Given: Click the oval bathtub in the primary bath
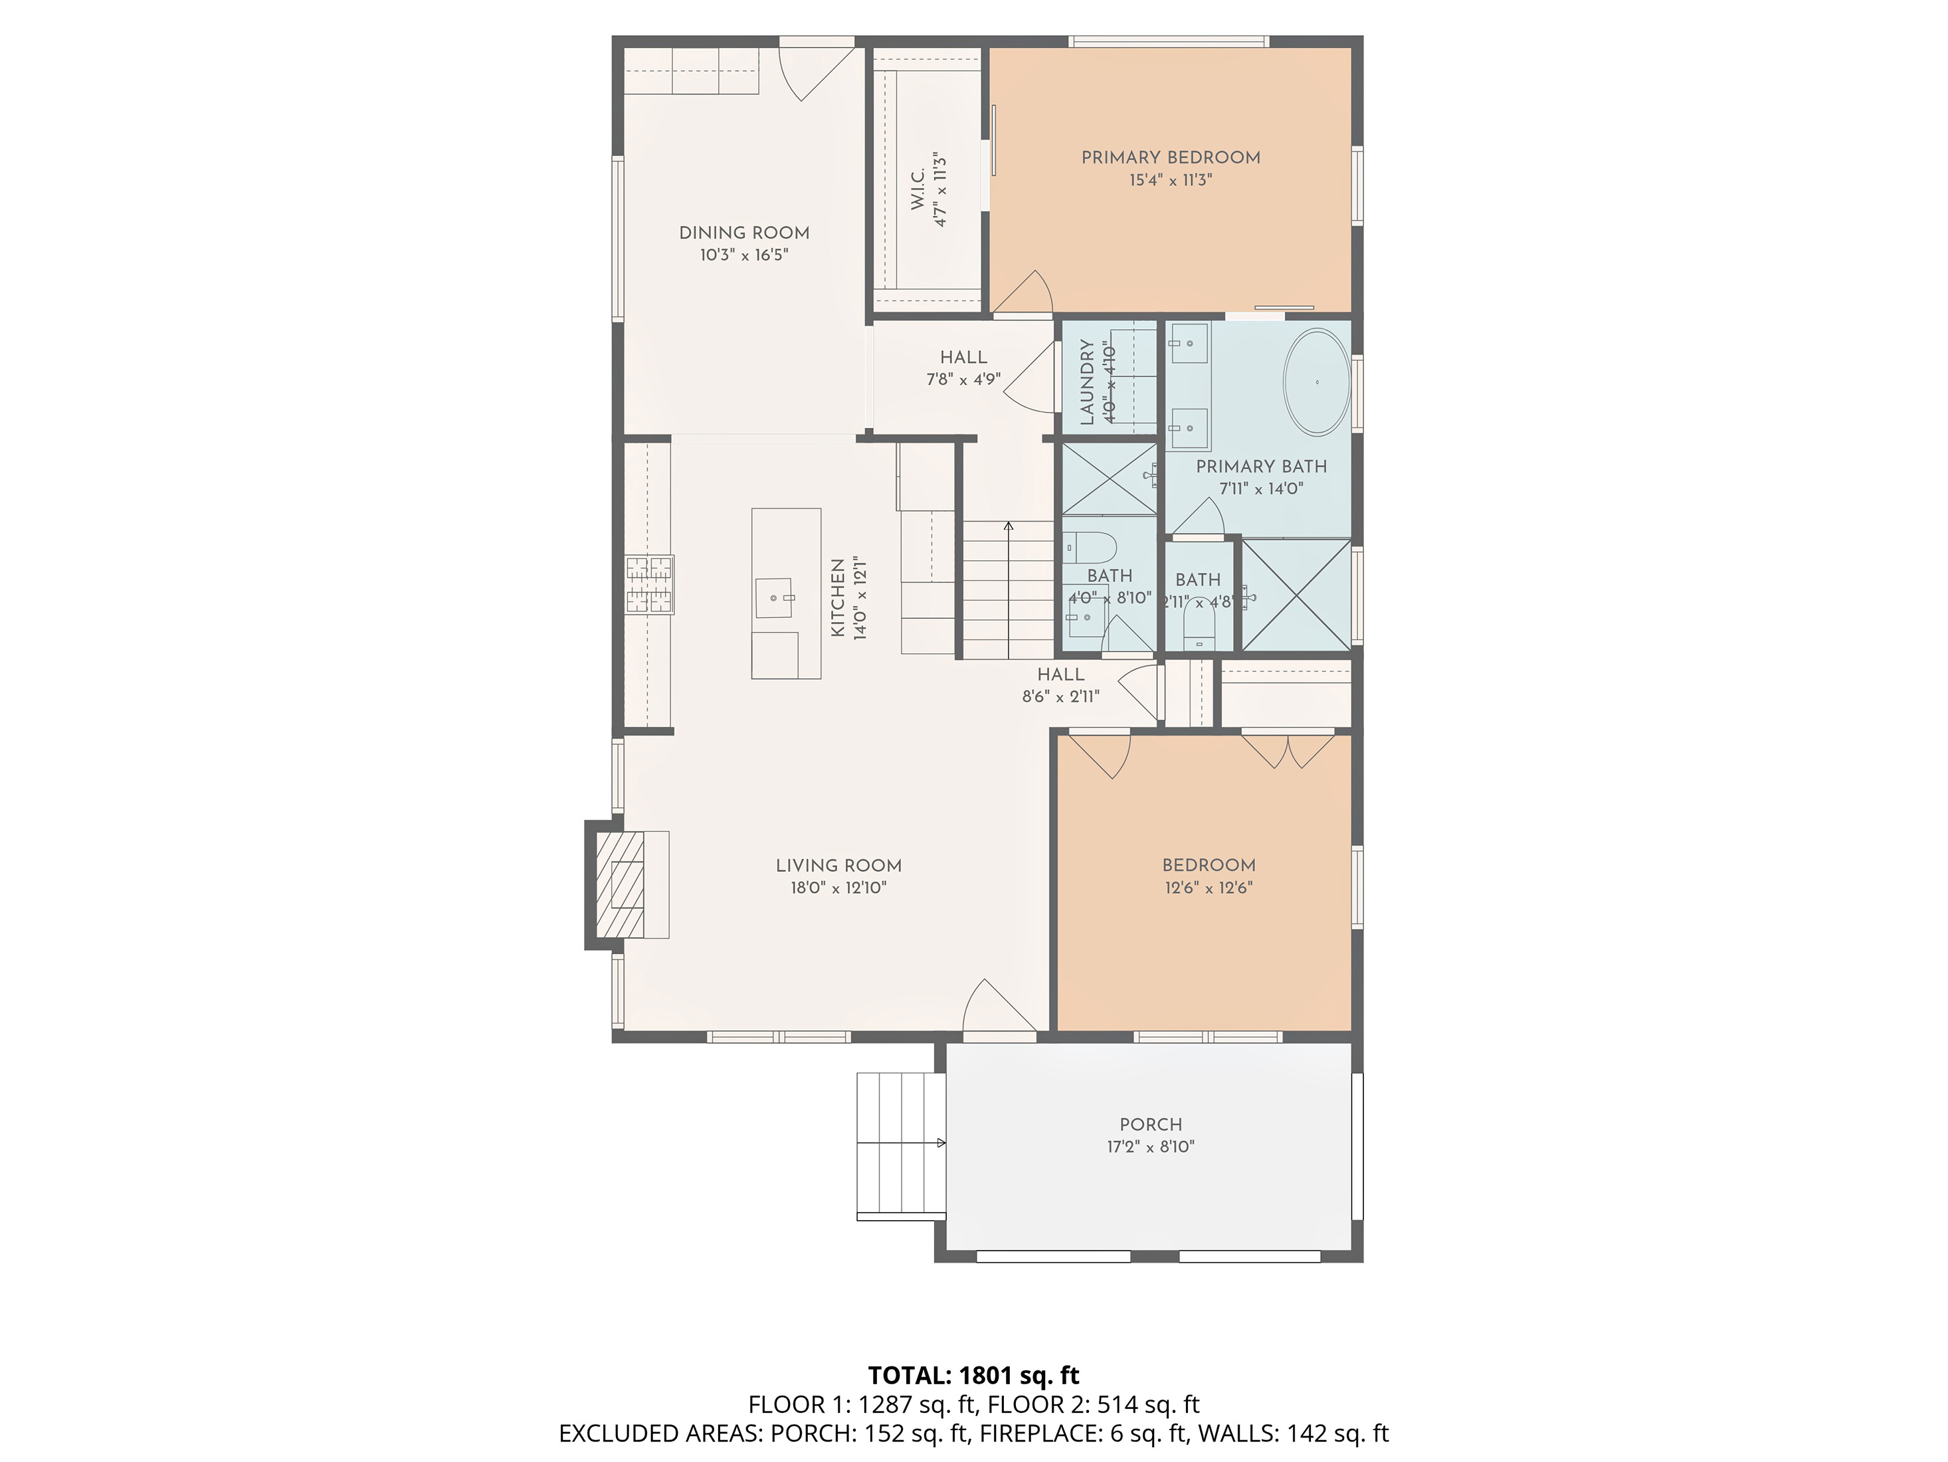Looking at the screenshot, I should pos(1315,382).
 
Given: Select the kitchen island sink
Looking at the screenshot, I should pos(774,598).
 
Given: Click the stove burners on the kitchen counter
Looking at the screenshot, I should pos(650,584).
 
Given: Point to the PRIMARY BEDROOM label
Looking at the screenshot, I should pos(1171,157).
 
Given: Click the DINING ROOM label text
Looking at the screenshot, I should pos(744,233).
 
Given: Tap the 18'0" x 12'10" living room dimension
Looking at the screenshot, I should pos(838,888).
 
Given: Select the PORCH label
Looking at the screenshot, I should pos(1150,1124).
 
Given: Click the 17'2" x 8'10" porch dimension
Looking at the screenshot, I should pos(1150,1147).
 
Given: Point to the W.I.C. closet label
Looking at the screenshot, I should pos(918,189).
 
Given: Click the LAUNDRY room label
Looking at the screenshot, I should pos(1087,381).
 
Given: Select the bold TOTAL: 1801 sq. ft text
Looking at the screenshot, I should pos(973,1376).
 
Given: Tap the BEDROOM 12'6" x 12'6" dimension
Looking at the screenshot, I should pos(1209,888).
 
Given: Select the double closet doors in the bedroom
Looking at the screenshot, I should pos(1288,750).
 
